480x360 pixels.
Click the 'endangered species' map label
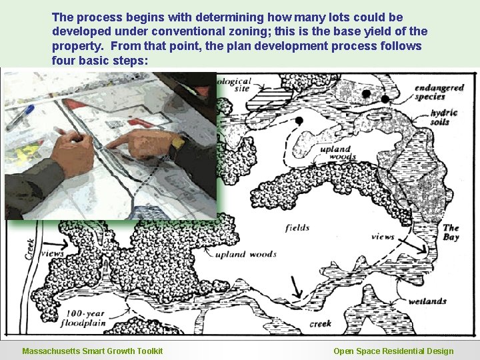pyautogui.click(x=439, y=92)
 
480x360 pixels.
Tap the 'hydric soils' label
pyautogui.click(x=444, y=117)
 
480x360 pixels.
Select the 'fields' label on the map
pyautogui.click(x=297, y=228)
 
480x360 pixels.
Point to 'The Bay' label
pyautogui.click(x=451, y=232)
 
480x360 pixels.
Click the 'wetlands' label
pyautogui.click(x=427, y=301)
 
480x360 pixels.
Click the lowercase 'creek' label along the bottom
pyautogui.click(x=320, y=325)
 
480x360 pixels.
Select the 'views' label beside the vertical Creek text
pyautogui.click(x=52, y=254)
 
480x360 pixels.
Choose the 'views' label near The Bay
pyautogui.click(x=383, y=237)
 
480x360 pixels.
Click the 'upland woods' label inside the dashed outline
pyautogui.click(x=335, y=153)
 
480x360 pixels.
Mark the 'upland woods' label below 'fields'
pyautogui.click(x=245, y=254)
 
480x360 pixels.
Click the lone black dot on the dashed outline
pyautogui.click(x=299, y=121)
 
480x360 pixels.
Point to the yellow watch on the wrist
pyautogui.click(x=177, y=141)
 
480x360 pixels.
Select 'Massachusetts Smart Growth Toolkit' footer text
pyautogui.click(x=92, y=351)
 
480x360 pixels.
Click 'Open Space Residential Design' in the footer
pyautogui.click(x=393, y=351)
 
